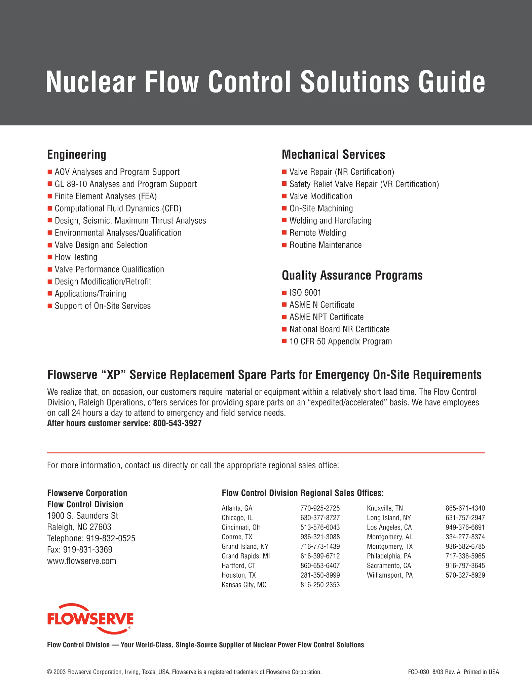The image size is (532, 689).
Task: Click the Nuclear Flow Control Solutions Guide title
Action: [x=265, y=82]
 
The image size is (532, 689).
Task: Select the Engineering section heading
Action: [x=76, y=154]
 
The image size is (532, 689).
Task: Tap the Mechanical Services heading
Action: [x=333, y=154]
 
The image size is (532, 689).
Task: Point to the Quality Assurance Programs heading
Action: [x=352, y=275]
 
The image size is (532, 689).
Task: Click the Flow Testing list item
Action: [x=76, y=257]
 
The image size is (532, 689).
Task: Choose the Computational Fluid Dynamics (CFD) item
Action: [x=118, y=209]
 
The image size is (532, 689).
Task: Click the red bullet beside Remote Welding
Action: [x=284, y=233]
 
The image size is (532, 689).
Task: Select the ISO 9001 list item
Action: [x=305, y=293]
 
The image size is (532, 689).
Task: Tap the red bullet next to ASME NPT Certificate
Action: [x=284, y=317]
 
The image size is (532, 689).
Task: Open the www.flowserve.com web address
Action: [x=82, y=561]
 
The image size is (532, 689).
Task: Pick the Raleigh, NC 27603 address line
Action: [x=79, y=527]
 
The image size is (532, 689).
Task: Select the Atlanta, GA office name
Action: [x=237, y=508]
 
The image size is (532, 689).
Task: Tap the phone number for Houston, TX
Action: [x=320, y=575]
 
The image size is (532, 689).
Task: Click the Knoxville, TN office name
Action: [x=385, y=508]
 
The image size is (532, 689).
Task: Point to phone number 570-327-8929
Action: [x=465, y=575]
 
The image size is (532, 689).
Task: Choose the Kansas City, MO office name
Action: [x=244, y=585]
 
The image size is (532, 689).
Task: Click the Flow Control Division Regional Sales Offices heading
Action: [x=303, y=493]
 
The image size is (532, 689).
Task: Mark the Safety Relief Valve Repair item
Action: [x=364, y=184]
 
